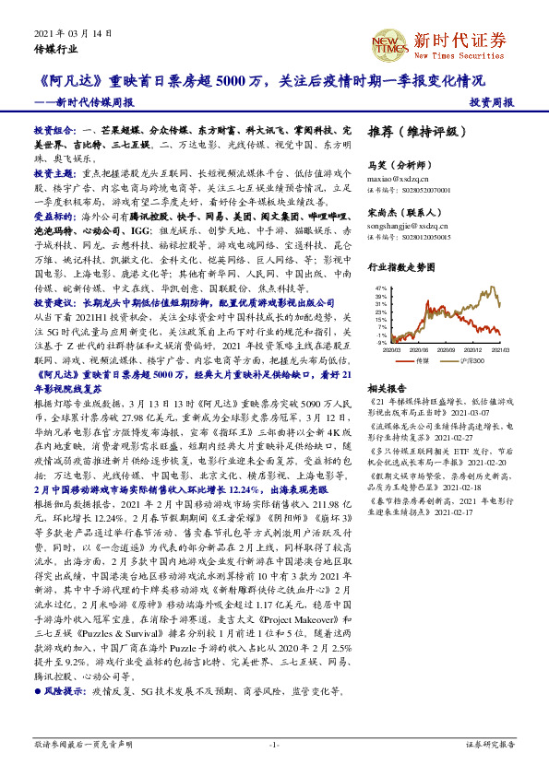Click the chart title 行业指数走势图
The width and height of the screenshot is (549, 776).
(x=400, y=267)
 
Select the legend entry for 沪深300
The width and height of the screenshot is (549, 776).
(x=460, y=360)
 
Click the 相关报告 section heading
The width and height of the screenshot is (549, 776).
(x=386, y=389)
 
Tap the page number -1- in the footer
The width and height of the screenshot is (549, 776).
(x=274, y=743)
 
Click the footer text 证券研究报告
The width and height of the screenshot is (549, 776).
(x=490, y=743)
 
